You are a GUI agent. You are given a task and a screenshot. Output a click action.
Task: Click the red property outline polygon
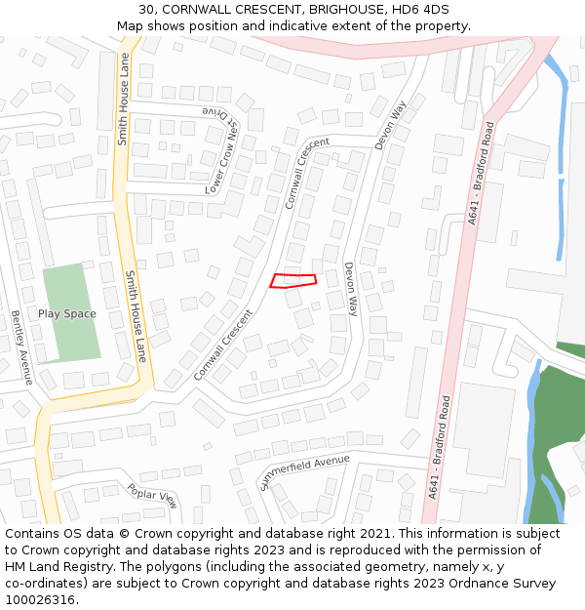[292, 281]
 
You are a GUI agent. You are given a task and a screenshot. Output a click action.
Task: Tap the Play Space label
[67, 313]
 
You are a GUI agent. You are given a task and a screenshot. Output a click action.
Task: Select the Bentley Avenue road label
[21, 347]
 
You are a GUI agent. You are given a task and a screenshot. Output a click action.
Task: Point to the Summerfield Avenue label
[304, 471]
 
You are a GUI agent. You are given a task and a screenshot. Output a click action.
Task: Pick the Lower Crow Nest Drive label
[222, 150]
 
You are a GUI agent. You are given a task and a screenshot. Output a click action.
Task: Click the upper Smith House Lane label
[123, 99]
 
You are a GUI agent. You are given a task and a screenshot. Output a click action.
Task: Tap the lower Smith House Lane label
[135, 315]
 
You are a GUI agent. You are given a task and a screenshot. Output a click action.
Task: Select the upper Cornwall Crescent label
[308, 174]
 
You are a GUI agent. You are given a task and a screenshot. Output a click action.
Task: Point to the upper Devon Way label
[390, 125]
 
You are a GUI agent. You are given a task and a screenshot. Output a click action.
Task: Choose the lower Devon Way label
[350, 289]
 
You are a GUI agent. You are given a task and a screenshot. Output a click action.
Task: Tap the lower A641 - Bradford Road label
[439, 448]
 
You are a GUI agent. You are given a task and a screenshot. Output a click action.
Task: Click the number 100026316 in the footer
[39, 600]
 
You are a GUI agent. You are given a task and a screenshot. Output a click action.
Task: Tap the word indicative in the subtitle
[320, 25]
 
